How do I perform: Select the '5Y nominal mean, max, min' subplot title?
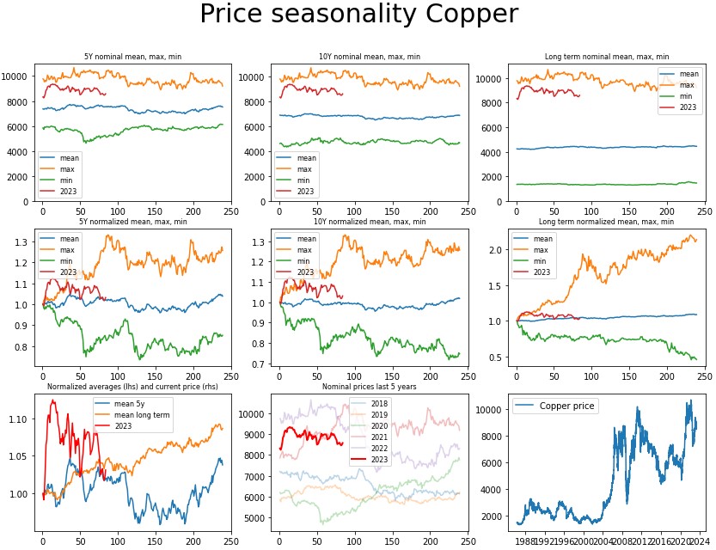coord(132,57)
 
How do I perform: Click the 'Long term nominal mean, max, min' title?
coord(605,57)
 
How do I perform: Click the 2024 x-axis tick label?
coord(699,542)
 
